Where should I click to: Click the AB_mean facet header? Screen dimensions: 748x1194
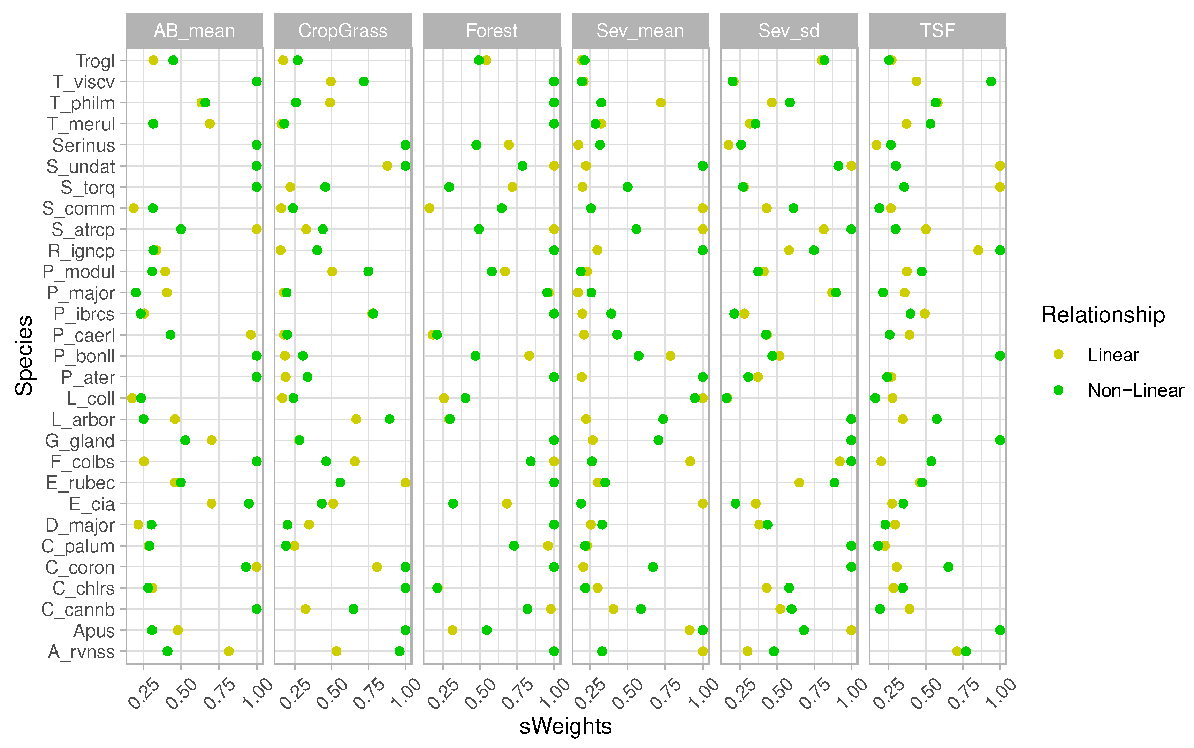coord(194,31)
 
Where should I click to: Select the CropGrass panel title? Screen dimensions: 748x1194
coord(342,31)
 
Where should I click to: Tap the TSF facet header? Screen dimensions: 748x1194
coord(937,31)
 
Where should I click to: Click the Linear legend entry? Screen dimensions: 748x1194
coord(1112,355)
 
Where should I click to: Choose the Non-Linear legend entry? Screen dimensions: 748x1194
coord(1135,391)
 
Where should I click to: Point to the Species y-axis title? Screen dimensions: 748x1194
coord(24,355)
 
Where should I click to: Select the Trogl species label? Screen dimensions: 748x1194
coord(95,61)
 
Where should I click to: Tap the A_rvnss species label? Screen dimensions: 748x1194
coord(81,651)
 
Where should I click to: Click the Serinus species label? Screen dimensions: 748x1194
coord(84,145)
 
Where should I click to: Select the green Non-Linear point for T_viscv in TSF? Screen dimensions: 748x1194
coord(991,82)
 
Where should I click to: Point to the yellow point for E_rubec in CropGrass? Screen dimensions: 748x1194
coord(405,482)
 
